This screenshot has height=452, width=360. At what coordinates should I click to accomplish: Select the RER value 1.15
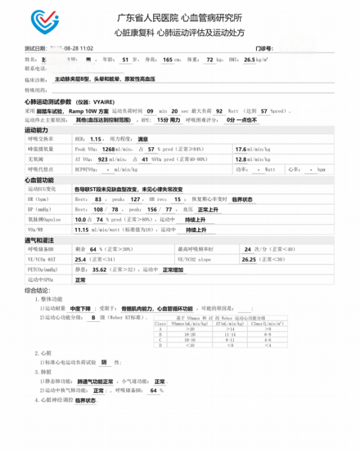[96, 139]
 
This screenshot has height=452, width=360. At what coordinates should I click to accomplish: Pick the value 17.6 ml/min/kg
[240, 149]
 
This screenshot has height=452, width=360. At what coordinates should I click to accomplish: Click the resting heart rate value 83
[99, 199]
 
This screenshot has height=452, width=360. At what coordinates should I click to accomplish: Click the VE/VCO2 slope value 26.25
[248, 260]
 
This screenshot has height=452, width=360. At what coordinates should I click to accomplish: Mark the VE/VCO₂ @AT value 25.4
[81, 260]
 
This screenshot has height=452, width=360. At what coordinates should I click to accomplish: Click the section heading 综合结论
[38, 290]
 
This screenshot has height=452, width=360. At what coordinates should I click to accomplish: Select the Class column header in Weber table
[160, 324]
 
